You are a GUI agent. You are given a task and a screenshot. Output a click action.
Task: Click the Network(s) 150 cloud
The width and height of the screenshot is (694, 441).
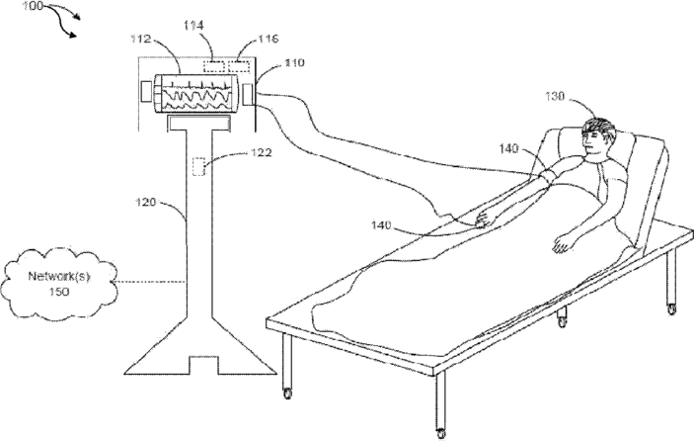(x=59, y=281)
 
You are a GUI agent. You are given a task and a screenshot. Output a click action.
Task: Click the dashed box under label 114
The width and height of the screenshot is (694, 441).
(x=214, y=65)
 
